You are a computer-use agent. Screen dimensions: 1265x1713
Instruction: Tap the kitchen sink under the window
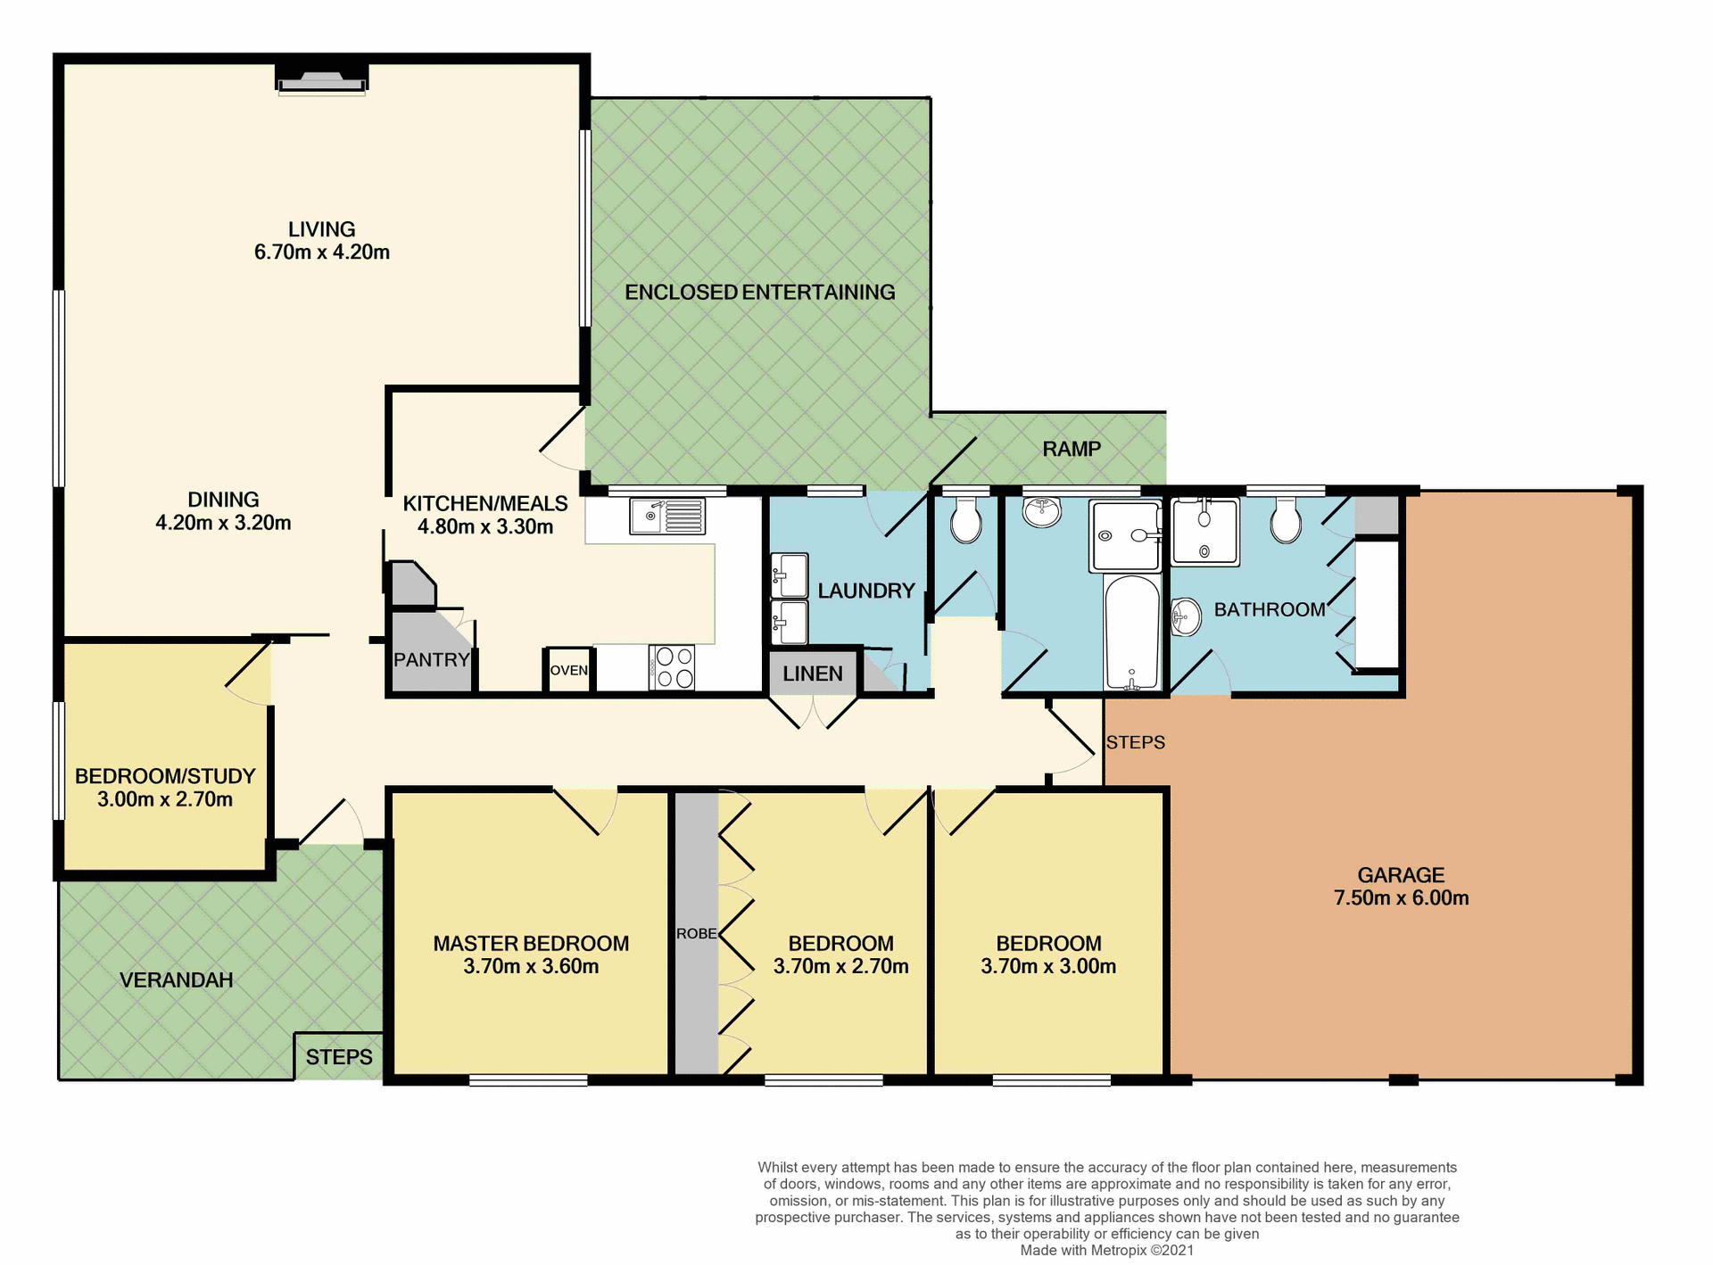(666, 517)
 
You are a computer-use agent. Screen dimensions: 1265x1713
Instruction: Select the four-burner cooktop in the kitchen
(673, 667)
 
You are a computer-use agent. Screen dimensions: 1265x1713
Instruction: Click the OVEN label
(568, 670)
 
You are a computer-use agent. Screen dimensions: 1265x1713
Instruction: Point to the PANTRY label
(431, 660)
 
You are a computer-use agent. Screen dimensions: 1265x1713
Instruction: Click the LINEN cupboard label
(812, 674)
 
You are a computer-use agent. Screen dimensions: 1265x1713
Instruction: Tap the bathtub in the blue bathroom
(1131, 632)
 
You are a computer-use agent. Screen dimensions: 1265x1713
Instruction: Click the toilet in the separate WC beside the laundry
(965, 521)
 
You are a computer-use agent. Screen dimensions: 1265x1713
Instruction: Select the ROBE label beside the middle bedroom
(696, 933)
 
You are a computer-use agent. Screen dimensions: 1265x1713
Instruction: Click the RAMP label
(1071, 449)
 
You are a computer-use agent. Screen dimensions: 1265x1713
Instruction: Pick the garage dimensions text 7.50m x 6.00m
(1401, 898)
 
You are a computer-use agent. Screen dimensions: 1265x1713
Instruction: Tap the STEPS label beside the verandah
(339, 1057)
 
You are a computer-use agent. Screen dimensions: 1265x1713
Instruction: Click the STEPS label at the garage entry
(1135, 742)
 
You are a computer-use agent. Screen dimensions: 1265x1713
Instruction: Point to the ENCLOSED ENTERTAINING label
(759, 292)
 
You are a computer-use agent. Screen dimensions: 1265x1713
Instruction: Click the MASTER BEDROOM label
(531, 943)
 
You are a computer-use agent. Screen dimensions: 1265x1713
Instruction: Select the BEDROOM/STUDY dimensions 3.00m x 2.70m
(165, 799)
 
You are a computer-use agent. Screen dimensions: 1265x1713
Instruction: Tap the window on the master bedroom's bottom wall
(528, 1080)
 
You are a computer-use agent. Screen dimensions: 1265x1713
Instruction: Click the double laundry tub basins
(789, 599)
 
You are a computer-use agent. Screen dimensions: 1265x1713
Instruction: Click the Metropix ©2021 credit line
(1106, 1250)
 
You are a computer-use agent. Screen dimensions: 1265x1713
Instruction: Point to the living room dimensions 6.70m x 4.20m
(321, 252)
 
